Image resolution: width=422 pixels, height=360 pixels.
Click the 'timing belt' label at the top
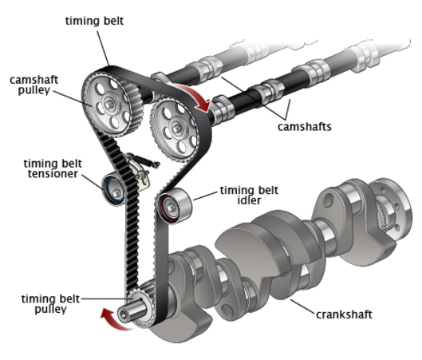[94, 21]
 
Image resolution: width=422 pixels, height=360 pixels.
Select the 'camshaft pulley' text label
[34, 85]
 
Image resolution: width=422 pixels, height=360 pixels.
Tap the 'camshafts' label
[305, 127]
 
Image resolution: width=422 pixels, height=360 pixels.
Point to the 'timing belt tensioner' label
[53, 168]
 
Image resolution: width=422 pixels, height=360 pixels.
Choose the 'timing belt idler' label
[249, 196]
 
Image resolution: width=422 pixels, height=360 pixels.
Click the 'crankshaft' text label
[344, 315]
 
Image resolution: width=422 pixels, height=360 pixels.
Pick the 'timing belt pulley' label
[50, 303]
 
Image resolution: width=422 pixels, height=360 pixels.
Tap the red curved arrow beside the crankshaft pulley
[112, 320]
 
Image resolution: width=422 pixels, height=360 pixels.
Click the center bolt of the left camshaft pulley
[108, 105]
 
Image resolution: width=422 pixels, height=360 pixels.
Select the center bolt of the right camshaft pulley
[176, 129]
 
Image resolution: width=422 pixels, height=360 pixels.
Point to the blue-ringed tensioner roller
[113, 189]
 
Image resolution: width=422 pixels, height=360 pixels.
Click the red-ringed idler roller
[174, 205]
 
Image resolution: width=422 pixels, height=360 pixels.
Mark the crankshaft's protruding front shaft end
[131, 312]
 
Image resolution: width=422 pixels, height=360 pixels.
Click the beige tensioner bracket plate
[138, 172]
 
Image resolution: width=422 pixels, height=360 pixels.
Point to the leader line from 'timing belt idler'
[205, 196]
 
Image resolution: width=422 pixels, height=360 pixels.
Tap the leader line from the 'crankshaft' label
[302, 307]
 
